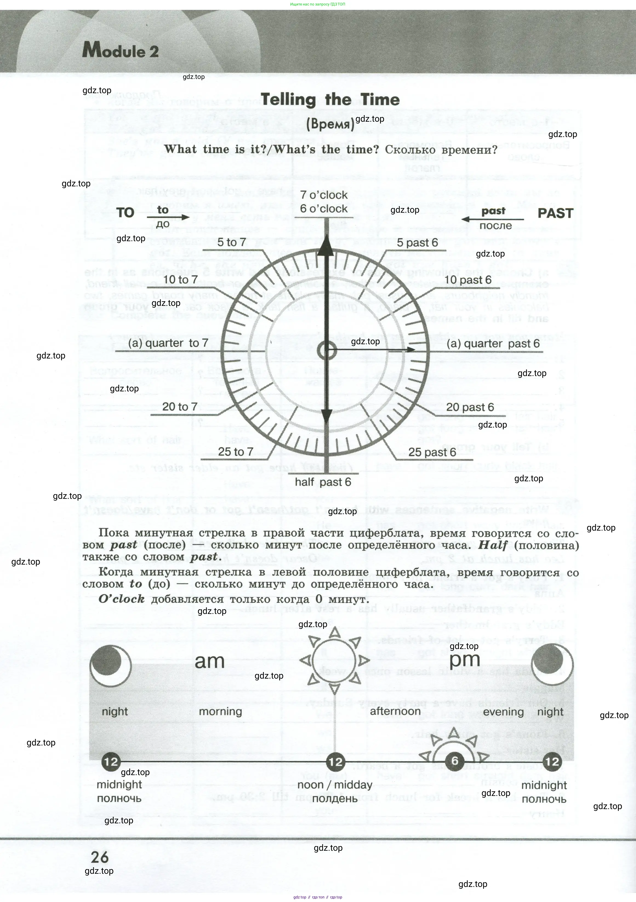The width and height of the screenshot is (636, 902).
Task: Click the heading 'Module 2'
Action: pyautogui.click(x=120, y=51)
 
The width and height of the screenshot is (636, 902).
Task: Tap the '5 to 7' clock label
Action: pyautogui.click(x=231, y=242)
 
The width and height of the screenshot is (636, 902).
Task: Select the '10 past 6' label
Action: pyautogui.click(x=467, y=280)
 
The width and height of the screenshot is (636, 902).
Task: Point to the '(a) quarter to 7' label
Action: pyautogui.click(x=168, y=343)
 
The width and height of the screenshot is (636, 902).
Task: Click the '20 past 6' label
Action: pyautogui.click(x=470, y=407)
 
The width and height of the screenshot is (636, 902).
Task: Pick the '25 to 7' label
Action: pyautogui.click(x=236, y=452)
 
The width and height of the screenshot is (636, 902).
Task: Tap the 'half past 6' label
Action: pyautogui.click(x=323, y=482)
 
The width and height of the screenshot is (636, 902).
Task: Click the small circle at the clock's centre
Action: pyautogui.click(x=326, y=351)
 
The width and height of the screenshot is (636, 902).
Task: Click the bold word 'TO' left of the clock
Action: pyautogui.click(x=125, y=213)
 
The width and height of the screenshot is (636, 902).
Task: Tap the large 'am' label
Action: pyautogui.click(x=209, y=661)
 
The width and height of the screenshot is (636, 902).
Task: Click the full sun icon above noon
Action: pyautogui.click(x=334, y=660)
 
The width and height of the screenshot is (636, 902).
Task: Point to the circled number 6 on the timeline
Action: pyautogui.click(x=455, y=761)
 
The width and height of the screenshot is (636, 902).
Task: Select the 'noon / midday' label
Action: pyautogui.click(x=335, y=785)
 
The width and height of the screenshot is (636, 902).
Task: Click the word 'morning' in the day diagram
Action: pyautogui.click(x=220, y=712)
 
